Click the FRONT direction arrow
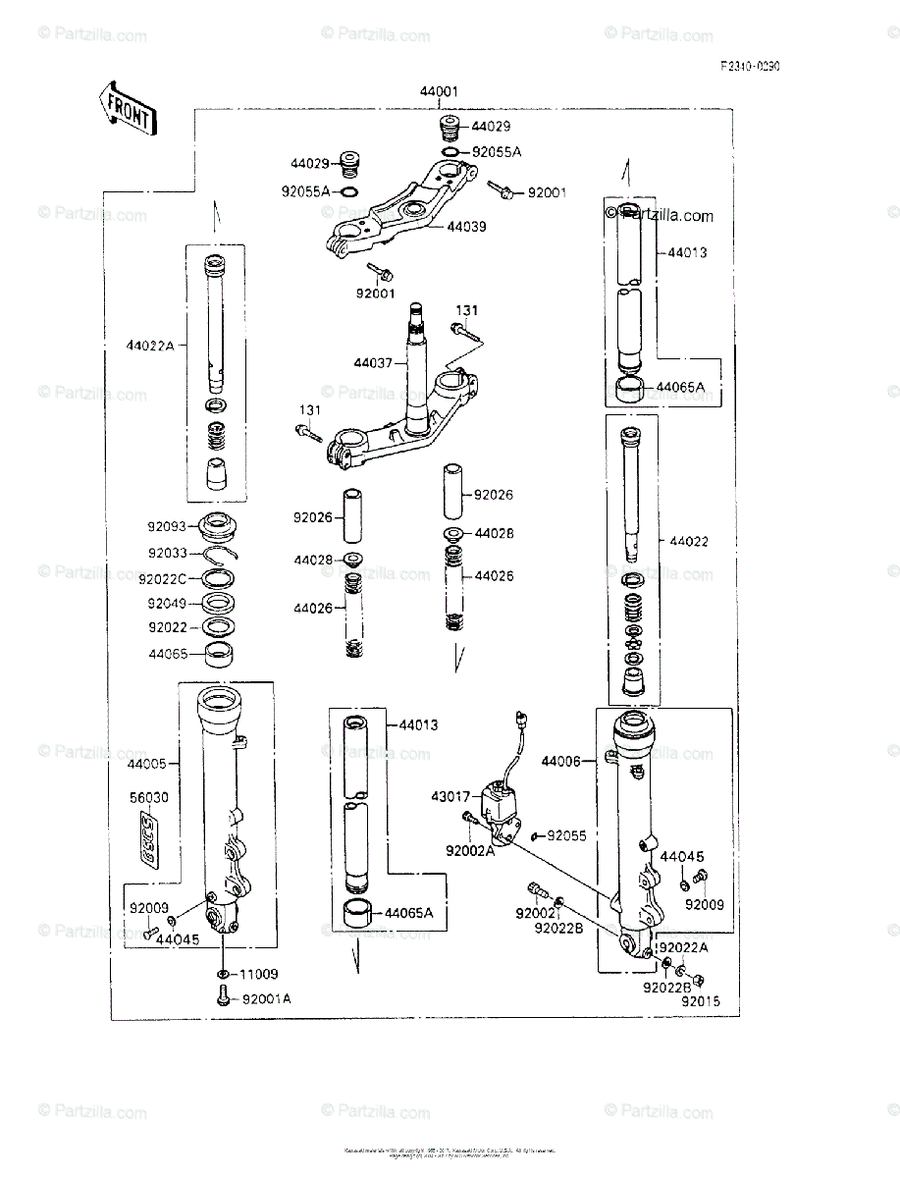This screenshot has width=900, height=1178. click(126, 108)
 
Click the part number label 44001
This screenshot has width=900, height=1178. click(439, 92)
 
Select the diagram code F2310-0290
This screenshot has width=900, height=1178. click(750, 67)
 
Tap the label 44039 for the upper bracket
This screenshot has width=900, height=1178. click(467, 226)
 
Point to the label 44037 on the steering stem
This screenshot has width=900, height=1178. click(373, 363)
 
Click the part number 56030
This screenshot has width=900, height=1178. click(149, 798)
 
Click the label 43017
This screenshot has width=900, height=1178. click(450, 796)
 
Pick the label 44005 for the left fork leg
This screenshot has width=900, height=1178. click(146, 763)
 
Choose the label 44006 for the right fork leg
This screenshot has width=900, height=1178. click(561, 761)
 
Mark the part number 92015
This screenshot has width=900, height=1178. click(701, 1001)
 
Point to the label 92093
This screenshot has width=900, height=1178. click(169, 527)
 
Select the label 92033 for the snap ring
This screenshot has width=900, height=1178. click(169, 554)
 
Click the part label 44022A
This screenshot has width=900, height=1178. click(149, 345)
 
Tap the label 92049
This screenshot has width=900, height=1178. click(169, 604)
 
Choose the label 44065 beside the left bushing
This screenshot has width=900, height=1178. click(169, 653)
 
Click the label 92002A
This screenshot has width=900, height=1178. click(470, 851)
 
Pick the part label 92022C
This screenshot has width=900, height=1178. click(162, 579)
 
